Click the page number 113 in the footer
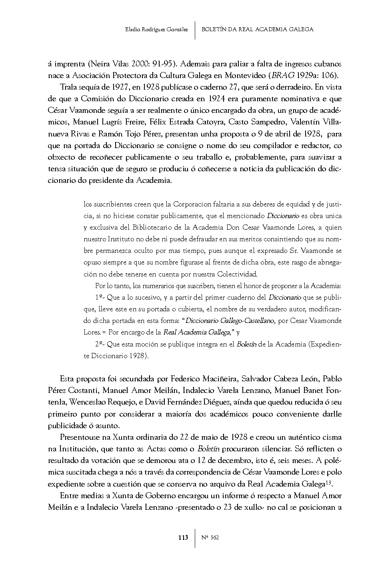[183, 538]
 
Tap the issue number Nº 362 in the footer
[210, 538]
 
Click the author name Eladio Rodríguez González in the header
[156, 29]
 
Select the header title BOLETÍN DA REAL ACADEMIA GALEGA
[258, 29]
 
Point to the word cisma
[331, 437]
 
